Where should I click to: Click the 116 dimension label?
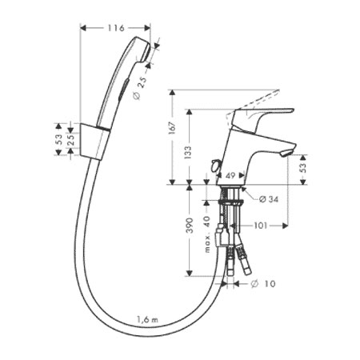pos(116,28)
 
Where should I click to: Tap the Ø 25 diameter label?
pos(140,88)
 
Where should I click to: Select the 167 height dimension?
pos(173,128)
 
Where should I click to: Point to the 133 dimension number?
pos(188,153)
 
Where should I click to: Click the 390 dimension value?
pos(190,226)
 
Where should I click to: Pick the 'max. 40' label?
pos(207,234)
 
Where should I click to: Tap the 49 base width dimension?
pos(230,175)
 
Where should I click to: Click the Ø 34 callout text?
pos(269,199)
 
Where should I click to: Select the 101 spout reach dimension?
pos(260,226)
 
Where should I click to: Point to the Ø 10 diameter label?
pos(263,284)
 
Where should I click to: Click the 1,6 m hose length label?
pos(147,319)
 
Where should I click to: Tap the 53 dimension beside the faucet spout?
pos(303,168)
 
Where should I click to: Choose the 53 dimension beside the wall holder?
pos(58,139)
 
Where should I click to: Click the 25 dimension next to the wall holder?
pos(70,139)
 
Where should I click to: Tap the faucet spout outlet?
pos(286,153)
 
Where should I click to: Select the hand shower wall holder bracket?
pos(94,142)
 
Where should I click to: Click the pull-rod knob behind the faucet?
pos(214,166)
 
